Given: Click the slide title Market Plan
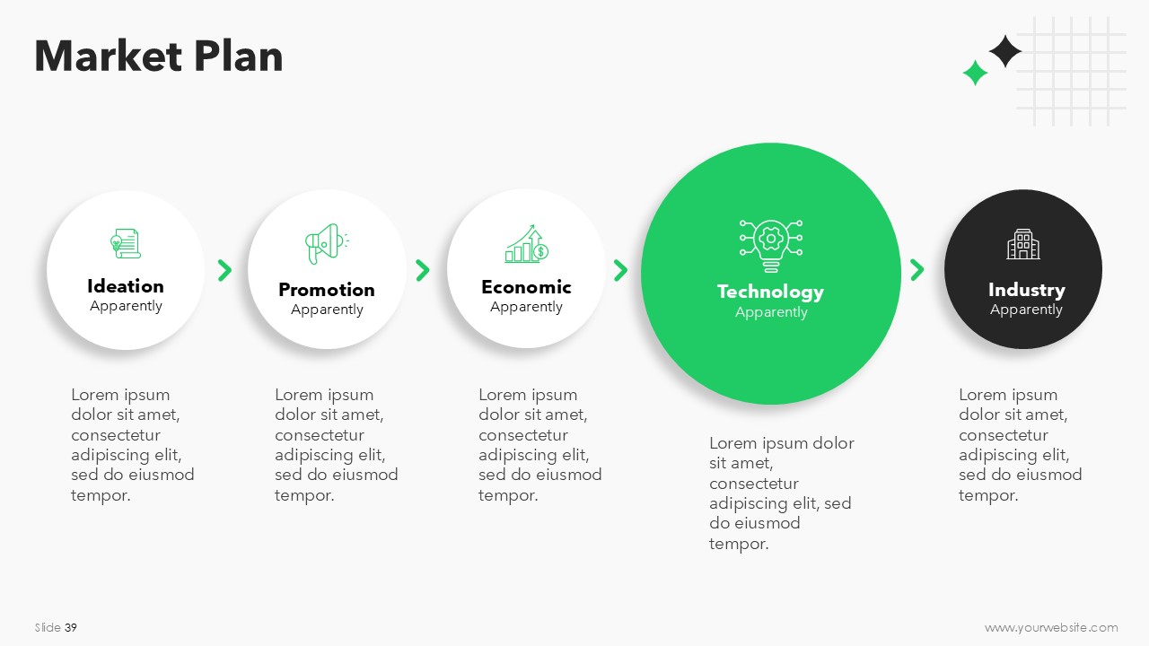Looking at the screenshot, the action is (x=159, y=56).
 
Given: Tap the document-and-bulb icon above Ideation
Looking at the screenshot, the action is (x=126, y=243).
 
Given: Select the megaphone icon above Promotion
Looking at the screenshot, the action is (x=327, y=243).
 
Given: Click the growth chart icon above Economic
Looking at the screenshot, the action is (x=526, y=244).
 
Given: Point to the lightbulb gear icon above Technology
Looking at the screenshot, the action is (x=771, y=246).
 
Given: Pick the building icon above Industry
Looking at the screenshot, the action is (x=1023, y=244).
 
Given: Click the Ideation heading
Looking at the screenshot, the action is (x=126, y=286).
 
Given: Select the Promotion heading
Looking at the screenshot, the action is (x=327, y=290).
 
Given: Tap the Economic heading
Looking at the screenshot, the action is (x=526, y=287).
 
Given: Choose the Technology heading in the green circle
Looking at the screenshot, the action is (x=770, y=292).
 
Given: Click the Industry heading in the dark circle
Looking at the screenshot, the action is (x=1026, y=290).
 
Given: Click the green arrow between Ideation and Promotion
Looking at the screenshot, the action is (x=224, y=270).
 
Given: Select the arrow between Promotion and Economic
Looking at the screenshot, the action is (x=422, y=270).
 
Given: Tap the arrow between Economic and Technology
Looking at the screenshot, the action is (x=620, y=270).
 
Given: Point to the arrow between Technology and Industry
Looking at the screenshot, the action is (x=917, y=270).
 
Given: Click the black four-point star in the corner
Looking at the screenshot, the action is (x=1004, y=51).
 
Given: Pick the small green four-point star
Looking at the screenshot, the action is (x=975, y=73).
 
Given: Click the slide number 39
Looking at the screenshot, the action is (x=71, y=627).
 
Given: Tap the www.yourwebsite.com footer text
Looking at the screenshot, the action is (x=1051, y=627).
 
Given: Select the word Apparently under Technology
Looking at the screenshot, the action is (x=771, y=312).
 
